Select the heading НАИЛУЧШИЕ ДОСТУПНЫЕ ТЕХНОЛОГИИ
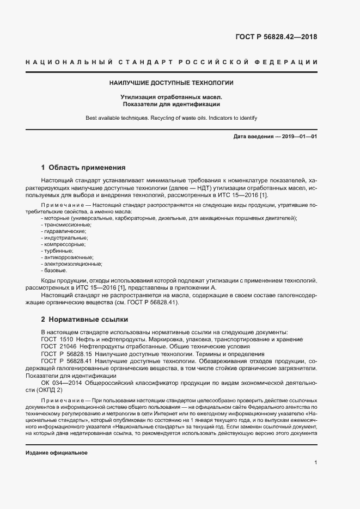(x=172, y=83)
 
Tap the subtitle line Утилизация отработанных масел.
(x=172, y=97)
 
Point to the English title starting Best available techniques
(x=172, y=118)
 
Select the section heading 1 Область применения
(x=83, y=168)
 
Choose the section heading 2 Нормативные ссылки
(x=84, y=319)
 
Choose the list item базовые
(x=54, y=271)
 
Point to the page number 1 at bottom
(x=316, y=462)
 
